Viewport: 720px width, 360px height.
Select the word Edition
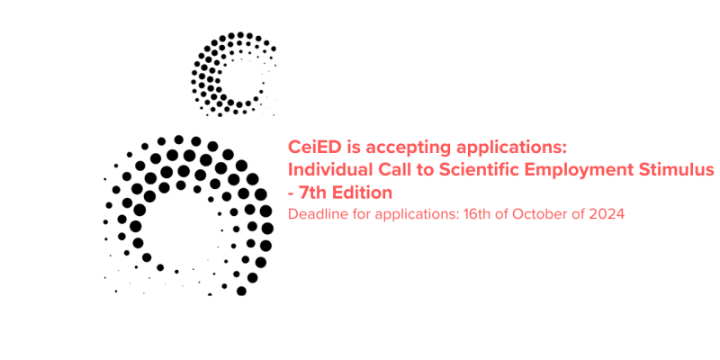tap(363, 193)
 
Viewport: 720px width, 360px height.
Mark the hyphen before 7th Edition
tap(291, 194)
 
